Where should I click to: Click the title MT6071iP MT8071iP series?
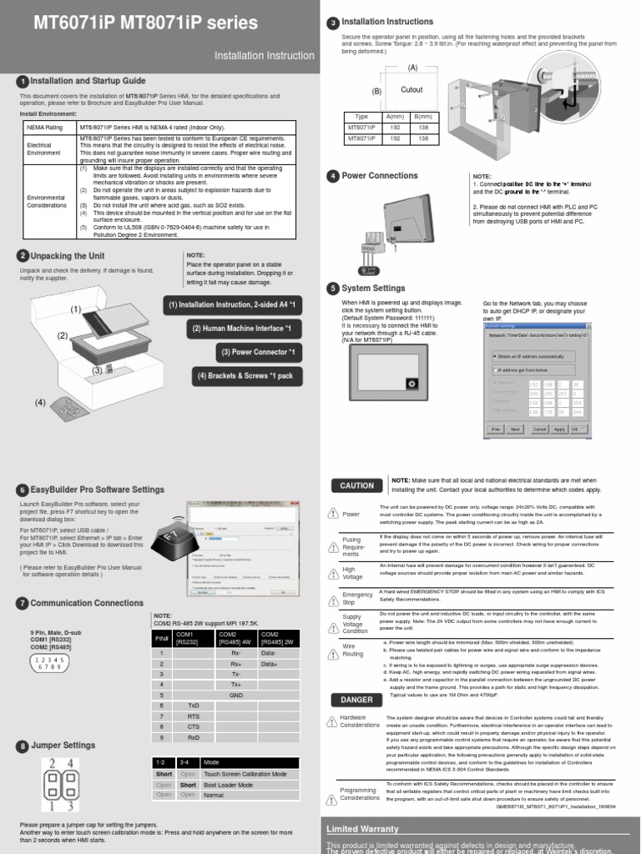click(145, 23)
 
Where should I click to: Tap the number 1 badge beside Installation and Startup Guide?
click(22, 81)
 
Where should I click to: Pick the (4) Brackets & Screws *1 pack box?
click(245, 376)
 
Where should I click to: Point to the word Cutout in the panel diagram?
click(412, 89)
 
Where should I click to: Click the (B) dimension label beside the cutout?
click(376, 91)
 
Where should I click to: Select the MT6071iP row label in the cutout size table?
click(361, 128)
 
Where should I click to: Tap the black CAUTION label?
click(356, 485)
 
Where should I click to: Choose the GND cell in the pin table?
click(236, 694)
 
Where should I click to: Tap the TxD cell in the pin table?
click(193, 705)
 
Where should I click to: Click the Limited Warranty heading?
click(361, 829)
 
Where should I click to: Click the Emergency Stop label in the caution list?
click(357, 597)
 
